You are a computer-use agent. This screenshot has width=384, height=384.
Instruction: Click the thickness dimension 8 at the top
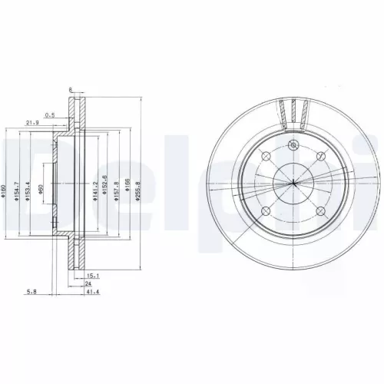(71, 90)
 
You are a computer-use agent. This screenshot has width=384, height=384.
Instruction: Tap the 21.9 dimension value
(33, 123)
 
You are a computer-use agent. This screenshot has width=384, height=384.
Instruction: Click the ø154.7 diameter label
(18, 190)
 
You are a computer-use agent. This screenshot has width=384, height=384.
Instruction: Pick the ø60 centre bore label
(41, 190)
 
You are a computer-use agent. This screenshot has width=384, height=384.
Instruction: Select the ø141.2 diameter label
(94, 190)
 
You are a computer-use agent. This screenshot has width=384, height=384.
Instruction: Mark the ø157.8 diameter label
(116, 190)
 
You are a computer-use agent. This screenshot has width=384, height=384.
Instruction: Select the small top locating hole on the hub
(295, 147)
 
